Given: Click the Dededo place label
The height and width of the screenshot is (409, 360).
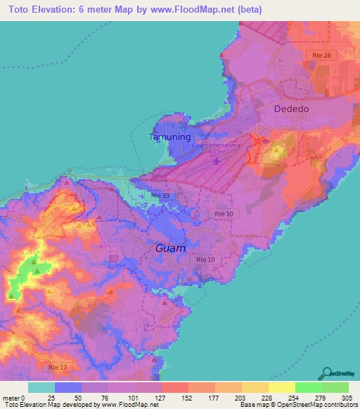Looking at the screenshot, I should (291, 110).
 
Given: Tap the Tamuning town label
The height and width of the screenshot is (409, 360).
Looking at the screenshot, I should (169, 137).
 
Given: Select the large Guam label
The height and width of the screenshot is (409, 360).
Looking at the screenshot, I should (170, 249).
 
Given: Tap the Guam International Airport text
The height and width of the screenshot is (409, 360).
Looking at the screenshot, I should (216, 148).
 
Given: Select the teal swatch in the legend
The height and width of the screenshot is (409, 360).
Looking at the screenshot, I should (41, 387).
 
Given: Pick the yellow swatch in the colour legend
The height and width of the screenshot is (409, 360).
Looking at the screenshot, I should (281, 387).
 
